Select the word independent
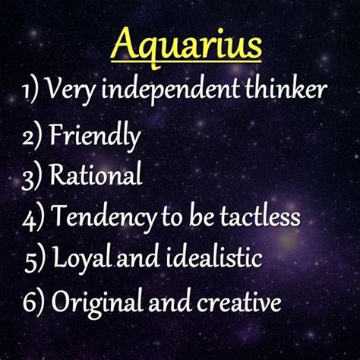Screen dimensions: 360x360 [x=171, y=90]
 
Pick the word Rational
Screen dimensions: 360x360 [x=96, y=174]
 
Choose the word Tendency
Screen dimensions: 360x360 [x=105, y=217]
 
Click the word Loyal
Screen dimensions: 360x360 [x=82, y=257]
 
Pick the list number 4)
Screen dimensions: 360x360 [x=33, y=219]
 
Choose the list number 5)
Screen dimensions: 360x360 [x=36, y=261]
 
